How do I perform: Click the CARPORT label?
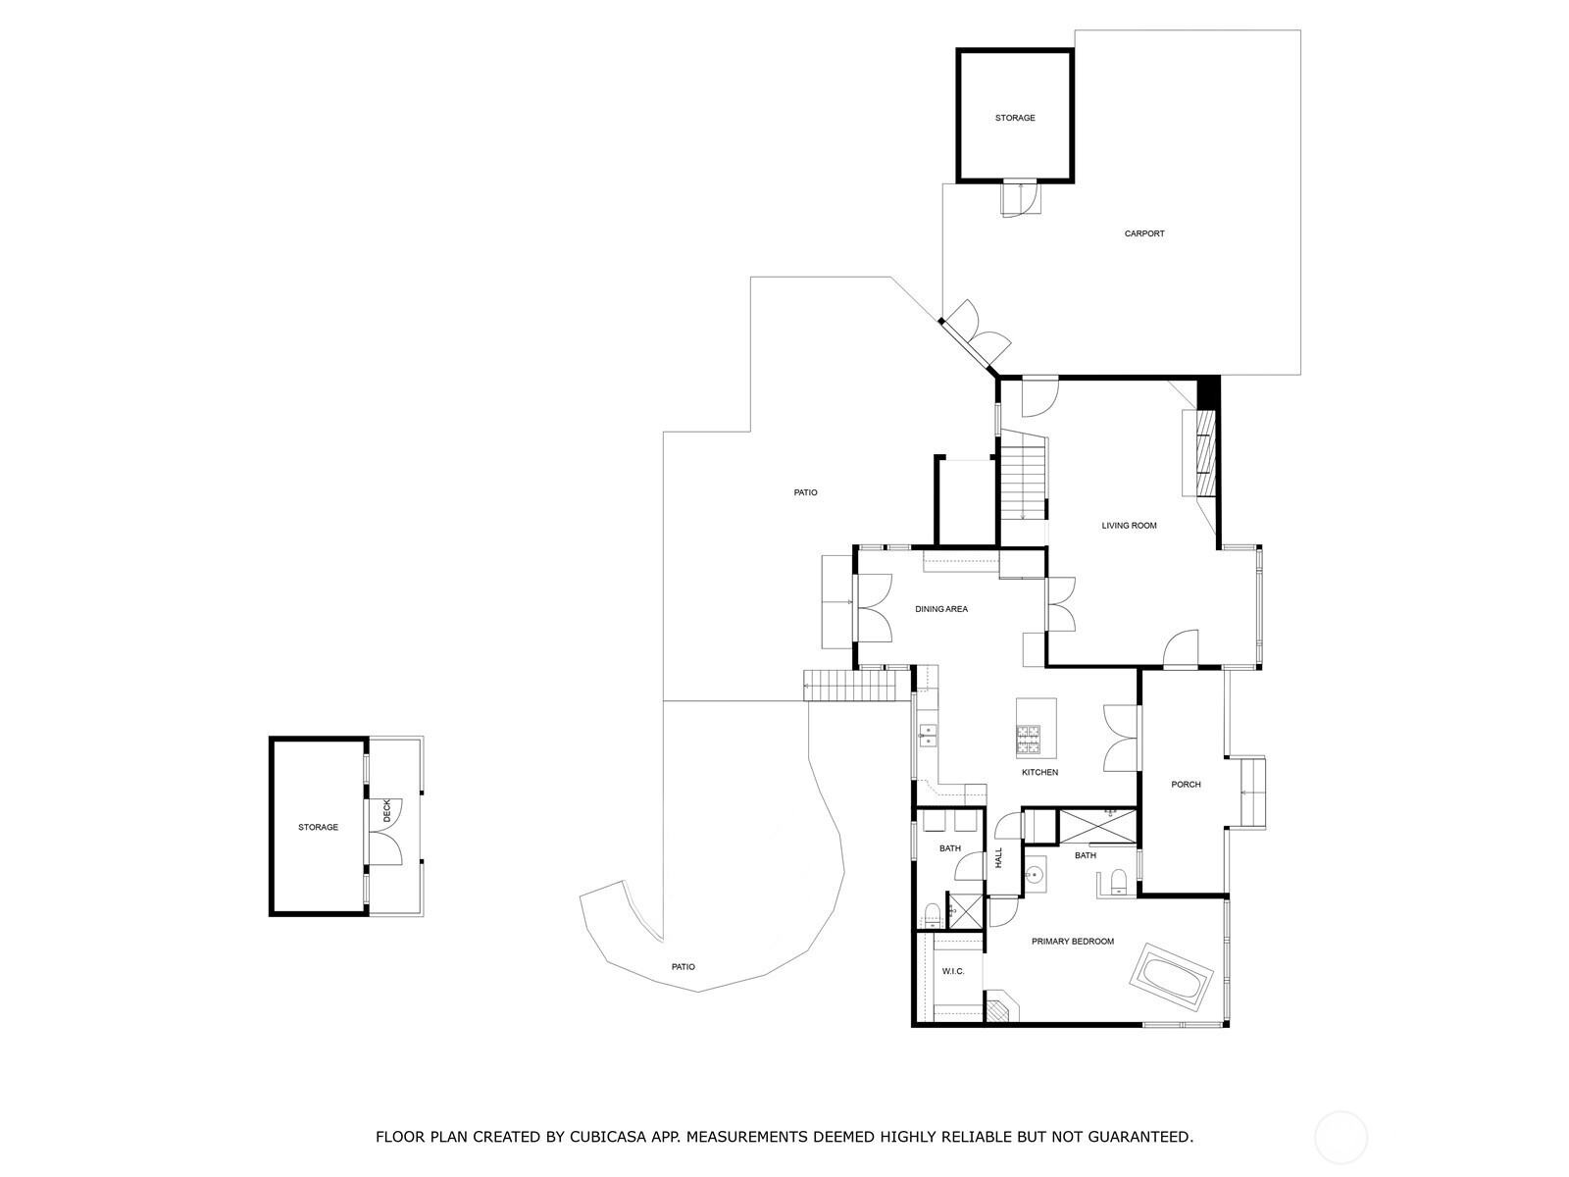[1143, 233]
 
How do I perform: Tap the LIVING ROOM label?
[1129, 526]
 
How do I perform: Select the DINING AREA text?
[941, 609]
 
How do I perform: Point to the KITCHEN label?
[1039, 772]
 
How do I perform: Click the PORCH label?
[1186, 784]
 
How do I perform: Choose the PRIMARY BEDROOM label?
[1072, 942]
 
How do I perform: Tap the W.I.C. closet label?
[953, 971]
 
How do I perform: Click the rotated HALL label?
[999, 857]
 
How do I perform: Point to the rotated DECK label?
[386, 810]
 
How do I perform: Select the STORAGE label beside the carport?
[1015, 118]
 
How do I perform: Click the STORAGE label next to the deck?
[318, 827]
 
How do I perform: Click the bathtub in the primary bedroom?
[1172, 977]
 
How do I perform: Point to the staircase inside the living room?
[1023, 475]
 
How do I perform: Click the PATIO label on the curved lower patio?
[683, 967]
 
